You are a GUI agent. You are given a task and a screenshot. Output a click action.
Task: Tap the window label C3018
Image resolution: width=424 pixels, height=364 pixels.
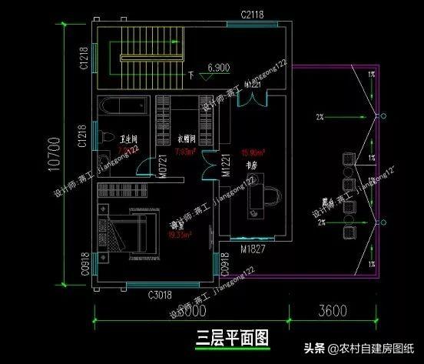tap(137, 294)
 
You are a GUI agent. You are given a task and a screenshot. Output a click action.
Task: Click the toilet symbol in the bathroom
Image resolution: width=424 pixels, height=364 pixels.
tap(103, 138)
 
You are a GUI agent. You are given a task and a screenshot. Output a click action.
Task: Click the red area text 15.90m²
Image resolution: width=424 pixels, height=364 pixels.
tap(253, 152)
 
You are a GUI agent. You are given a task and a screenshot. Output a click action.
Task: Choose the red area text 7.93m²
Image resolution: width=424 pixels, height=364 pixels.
tap(185, 152)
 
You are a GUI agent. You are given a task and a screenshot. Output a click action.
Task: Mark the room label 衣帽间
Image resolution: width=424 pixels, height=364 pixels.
tap(187, 140)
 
